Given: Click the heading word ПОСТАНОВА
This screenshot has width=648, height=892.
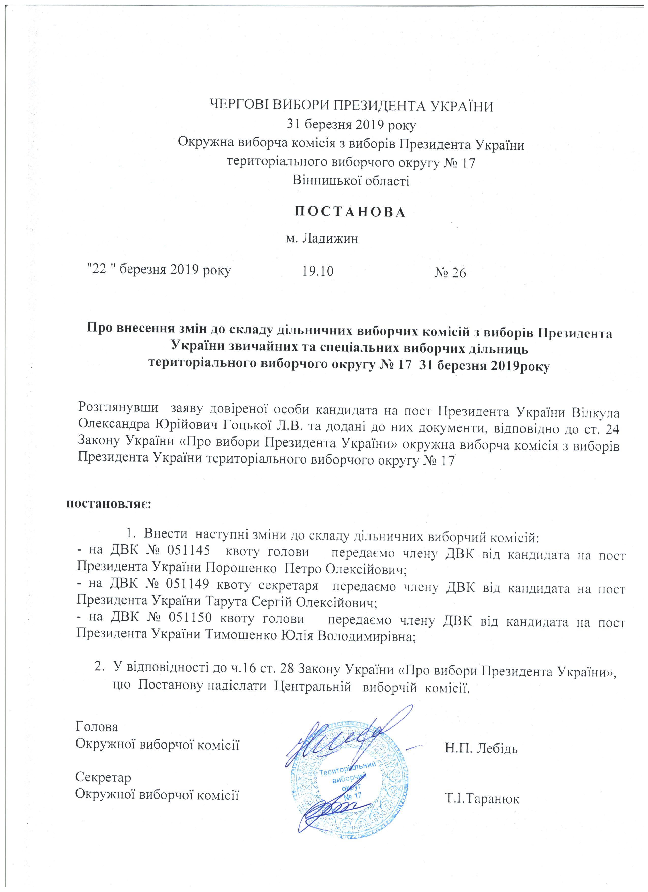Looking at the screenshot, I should [x=349, y=212].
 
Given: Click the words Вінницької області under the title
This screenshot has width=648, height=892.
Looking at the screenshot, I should [x=351, y=181].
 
